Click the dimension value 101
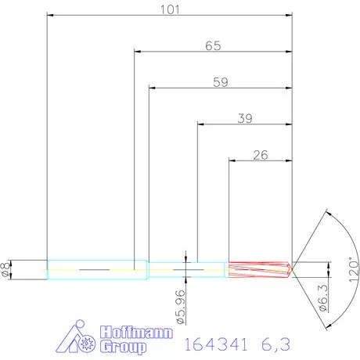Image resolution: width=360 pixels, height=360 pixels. (x=171, y=9)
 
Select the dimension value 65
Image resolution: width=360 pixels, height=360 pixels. (x=213, y=45)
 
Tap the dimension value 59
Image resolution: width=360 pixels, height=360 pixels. (x=220, y=81)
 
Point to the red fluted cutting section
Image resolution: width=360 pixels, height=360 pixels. (x=258, y=268)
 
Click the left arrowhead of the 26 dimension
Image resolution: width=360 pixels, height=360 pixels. (x=232, y=160)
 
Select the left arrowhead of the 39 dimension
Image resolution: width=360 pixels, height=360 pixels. (x=200, y=124)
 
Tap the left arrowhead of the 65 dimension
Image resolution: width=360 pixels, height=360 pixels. (x=138, y=52)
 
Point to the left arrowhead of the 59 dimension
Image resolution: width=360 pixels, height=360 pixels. (x=152, y=88)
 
